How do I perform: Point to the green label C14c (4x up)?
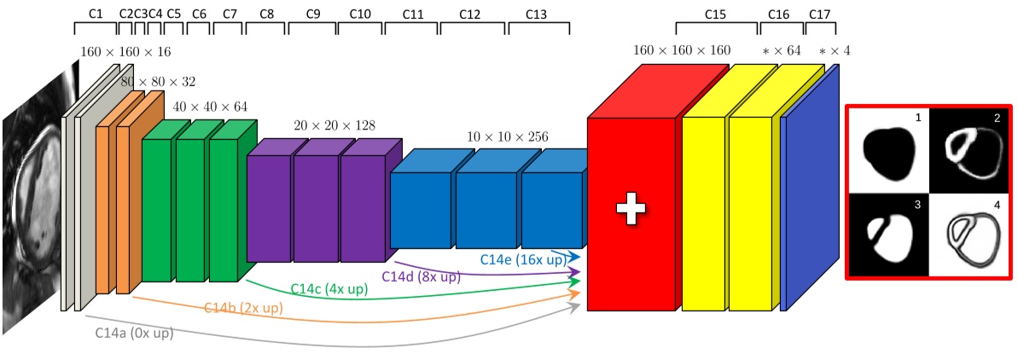(329, 288)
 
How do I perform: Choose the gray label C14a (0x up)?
(134, 333)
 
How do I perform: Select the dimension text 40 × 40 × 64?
(210, 107)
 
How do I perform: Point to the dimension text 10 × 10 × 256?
(508, 136)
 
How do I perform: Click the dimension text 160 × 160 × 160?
(682, 50)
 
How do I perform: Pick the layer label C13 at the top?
(537, 15)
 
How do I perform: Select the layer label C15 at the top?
(715, 15)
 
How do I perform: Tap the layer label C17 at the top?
(819, 15)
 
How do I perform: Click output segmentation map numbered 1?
(887, 150)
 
